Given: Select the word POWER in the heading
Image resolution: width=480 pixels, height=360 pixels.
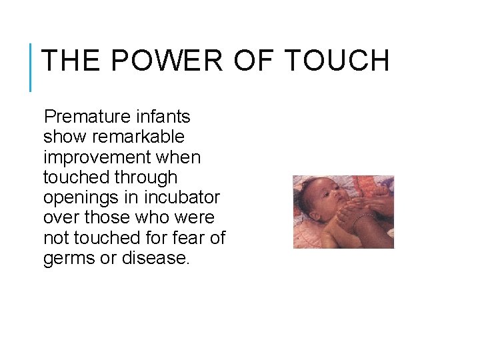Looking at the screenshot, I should tap(167, 61).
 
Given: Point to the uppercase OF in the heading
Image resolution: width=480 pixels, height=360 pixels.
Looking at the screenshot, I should tap(253, 61).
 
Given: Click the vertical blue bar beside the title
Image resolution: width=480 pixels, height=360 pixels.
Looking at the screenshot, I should tap(31, 67).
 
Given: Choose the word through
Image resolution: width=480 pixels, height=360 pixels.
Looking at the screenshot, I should tap(147, 177).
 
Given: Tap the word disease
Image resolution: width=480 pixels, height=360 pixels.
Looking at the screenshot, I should tap(156, 258).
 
